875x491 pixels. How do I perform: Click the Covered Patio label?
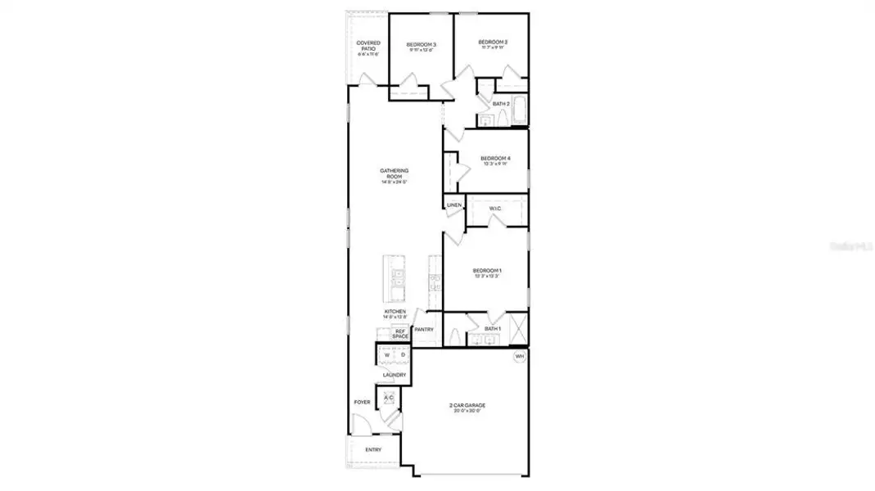click(368, 47)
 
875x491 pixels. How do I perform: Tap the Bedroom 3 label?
click(422, 45)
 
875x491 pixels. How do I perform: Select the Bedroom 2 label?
click(493, 43)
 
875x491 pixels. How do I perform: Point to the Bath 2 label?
click(501, 104)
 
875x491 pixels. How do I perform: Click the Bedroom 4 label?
click(495, 159)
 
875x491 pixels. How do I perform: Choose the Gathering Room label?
click(394, 173)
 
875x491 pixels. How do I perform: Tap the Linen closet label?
click(454, 205)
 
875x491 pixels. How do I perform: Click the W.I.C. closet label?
click(495, 209)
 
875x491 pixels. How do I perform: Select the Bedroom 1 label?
click(487, 272)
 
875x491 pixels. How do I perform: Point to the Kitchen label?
click(395, 313)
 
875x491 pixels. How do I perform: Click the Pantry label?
click(424, 330)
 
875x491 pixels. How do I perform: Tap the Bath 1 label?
click(492, 328)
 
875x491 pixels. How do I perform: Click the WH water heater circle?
click(519, 357)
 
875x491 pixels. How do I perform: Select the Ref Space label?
click(400, 334)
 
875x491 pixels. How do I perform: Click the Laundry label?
click(394, 375)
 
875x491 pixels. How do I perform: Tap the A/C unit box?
click(389, 398)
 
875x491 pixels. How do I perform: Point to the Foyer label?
click(361, 403)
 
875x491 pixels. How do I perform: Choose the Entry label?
click(373, 449)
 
